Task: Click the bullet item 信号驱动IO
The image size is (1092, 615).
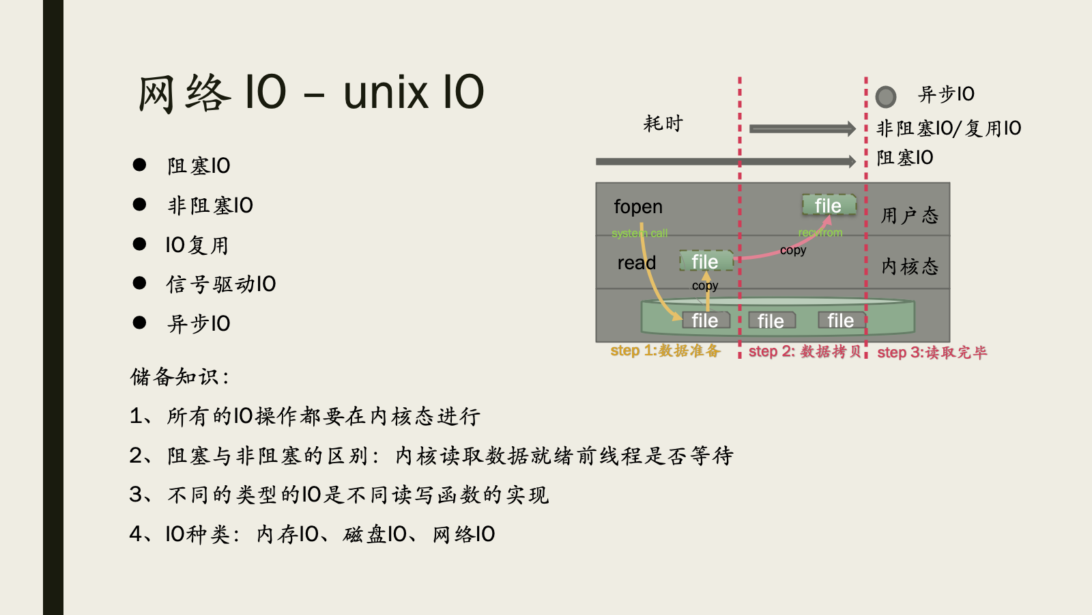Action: (x=220, y=284)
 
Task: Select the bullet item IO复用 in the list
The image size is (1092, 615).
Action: (x=197, y=245)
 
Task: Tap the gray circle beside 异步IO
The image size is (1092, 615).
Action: (x=885, y=96)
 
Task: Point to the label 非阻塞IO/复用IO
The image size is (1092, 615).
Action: (x=948, y=128)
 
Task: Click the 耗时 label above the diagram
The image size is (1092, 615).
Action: (x=663, y=124)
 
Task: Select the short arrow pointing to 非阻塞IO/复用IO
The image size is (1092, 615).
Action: (x=802, y=128)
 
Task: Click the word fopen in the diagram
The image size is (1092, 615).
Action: (x=637, y=207)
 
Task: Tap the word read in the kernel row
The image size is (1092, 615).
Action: (x=636, y=263)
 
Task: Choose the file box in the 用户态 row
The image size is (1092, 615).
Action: (x=828, y=205)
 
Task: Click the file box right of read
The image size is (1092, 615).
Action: (x=705, y=262)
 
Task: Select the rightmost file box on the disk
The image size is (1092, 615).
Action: (x=840, y=320)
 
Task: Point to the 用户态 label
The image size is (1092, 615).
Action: (x=909, y=216)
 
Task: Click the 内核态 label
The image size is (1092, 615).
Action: (x=909, y=266)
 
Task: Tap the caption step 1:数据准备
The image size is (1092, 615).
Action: (x=665, y=351)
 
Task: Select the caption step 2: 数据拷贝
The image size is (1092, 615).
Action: (x=804, y=351)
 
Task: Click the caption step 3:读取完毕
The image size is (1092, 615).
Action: (x=932, y=352)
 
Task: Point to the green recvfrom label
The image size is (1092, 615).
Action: (x=820, y=233)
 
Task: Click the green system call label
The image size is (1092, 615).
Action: (x=640, y=234)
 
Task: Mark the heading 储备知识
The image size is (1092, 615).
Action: (x=179, y=377)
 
